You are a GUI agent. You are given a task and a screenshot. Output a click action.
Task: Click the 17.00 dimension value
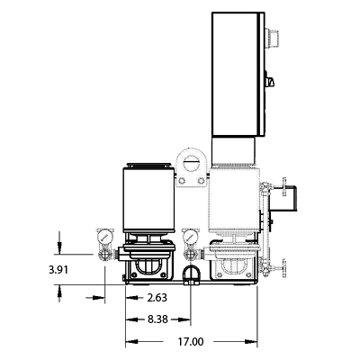point(191,342)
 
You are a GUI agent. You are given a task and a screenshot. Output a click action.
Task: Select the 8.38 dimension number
point(157,319)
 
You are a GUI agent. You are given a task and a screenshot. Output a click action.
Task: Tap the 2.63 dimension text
point(157,298)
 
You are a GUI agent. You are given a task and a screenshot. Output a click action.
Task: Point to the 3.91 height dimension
point(58,270)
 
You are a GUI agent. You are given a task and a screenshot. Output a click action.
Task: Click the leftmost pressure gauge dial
point(104,238)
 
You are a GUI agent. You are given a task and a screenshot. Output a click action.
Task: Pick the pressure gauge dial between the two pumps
point(190,237)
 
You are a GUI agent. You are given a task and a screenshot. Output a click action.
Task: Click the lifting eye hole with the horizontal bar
point(192,163)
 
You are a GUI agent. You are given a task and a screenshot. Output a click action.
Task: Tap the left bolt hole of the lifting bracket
point(182,181)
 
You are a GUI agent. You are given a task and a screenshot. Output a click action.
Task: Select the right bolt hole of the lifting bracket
point(202,181)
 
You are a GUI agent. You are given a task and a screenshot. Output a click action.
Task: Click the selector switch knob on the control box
point(270,81)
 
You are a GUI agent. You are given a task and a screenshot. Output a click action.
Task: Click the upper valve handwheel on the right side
point(283,187)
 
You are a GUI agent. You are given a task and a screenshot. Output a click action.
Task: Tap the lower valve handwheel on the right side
point(283,268)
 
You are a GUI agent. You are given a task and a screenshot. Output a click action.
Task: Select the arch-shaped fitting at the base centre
point(191,274)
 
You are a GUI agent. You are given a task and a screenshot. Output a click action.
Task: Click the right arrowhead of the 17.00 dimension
point(251,341)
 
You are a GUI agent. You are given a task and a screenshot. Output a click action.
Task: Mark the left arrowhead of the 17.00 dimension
point(131,341)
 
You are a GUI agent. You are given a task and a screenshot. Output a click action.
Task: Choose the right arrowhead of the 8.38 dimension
point(184,319)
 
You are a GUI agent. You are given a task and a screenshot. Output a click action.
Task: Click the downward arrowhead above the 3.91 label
point(59,247)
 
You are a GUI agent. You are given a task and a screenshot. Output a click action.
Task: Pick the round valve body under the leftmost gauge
point(104,255)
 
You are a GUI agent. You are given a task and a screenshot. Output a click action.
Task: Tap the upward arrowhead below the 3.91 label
point(59,291)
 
